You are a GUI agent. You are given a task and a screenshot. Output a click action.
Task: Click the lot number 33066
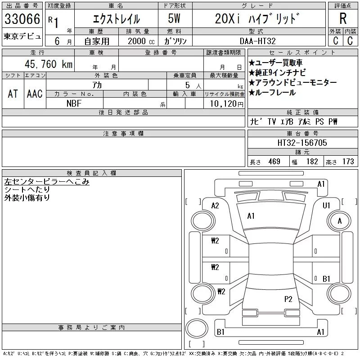pos(22,19)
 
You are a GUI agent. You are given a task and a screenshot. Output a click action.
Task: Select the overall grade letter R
pos(343,18)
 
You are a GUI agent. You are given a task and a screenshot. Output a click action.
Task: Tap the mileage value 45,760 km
pos(49,64)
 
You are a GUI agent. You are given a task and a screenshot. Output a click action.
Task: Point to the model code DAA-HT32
pos(257,41)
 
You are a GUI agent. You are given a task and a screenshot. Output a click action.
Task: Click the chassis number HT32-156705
pos(302,143)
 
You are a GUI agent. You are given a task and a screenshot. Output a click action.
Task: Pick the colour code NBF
pos(74,103)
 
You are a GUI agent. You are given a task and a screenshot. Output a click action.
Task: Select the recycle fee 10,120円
pos(226,104)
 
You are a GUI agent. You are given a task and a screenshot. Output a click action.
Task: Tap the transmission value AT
pos(13,94)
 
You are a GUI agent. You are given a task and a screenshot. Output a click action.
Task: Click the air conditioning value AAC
pos(35,94)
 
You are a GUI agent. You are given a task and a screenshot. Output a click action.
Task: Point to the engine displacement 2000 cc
pos(141,41)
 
